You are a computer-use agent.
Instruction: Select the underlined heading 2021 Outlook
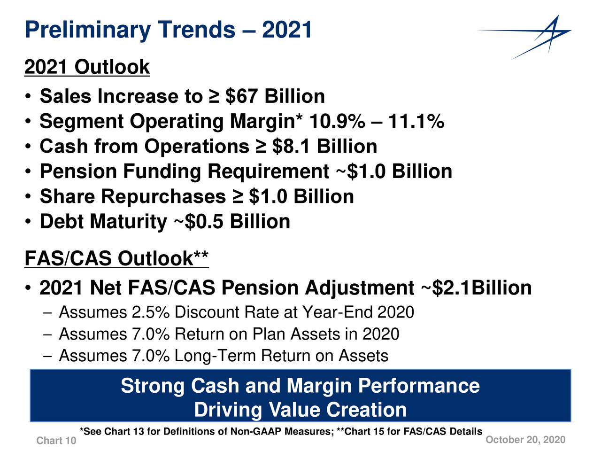pyautogui.click(x=87, y=67)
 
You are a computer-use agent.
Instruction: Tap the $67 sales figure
pyautogui.click(x=241, y=96)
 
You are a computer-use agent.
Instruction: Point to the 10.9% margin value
pyautogui.click(x=337, y=121)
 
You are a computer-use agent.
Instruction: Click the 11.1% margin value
pyautogui.click(x=416, y=121)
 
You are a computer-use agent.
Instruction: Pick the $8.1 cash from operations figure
pyautogui.click(x=291, y=146)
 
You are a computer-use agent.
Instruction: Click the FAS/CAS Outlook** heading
pyautogui.click(x=116, y=258)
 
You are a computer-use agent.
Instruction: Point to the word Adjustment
pyautogui.click(x=360, y=288)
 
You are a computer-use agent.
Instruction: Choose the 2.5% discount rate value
pyautogui.click(x=151, y=312)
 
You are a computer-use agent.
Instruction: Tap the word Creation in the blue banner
pyautogui.click(x=366, y=410)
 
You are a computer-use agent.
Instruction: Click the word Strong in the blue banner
pyautogui.click(x=153, y=386)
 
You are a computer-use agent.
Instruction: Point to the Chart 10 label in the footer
pyautogui.click(x=56, y=441)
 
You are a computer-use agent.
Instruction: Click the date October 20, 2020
pyautogui.click(x=525, y=440)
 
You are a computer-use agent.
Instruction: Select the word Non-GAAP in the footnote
pyautogui.click(x=255, y=432)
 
